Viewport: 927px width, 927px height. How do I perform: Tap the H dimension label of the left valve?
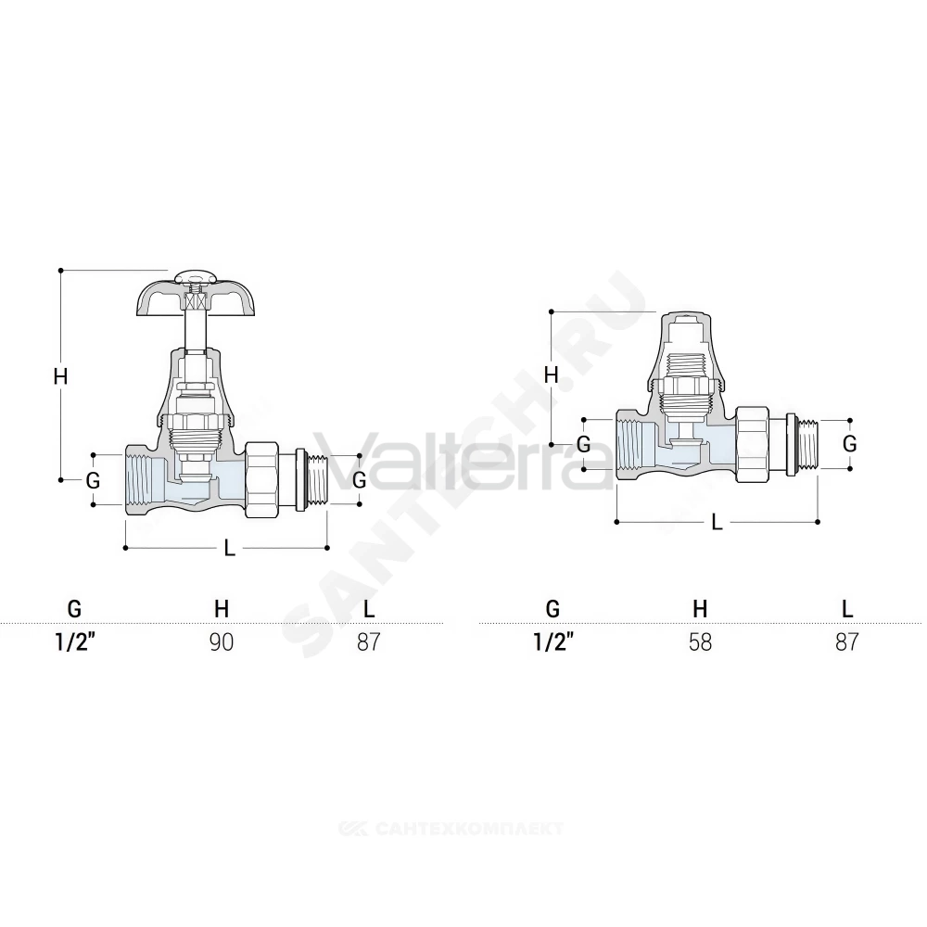[x=60, y=376]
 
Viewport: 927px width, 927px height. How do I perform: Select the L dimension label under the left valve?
[x=229, y=548]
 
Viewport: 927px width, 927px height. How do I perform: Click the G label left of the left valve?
[x=93, y=480]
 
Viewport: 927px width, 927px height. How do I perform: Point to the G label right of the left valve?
[x=359, y=480]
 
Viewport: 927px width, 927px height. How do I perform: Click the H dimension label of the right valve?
[x=551, y=375]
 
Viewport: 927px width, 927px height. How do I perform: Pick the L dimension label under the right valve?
[x=717, y=522]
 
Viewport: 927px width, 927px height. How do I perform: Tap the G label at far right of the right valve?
[x=849, y=443]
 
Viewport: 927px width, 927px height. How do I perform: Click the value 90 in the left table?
[x=222, y=642]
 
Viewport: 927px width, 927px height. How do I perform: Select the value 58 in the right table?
[x=700, y=642]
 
